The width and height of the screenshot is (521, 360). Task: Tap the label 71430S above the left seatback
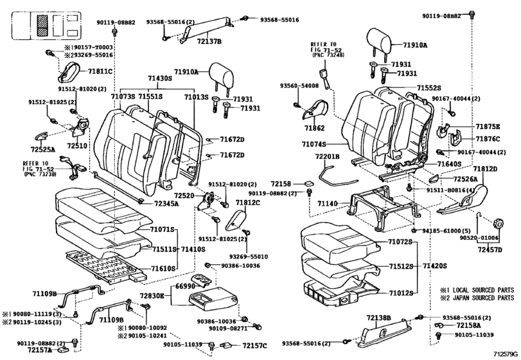coord(159,79)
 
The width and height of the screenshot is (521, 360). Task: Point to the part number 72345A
coord(166,204)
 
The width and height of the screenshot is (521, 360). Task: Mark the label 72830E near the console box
coord(152,296)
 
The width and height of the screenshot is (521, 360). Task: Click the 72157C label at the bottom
coord(255,346)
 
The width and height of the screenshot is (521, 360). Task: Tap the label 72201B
coord(328,156)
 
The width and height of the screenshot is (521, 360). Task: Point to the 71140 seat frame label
coord(328,203)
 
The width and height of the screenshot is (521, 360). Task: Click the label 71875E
coord(488,128)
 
